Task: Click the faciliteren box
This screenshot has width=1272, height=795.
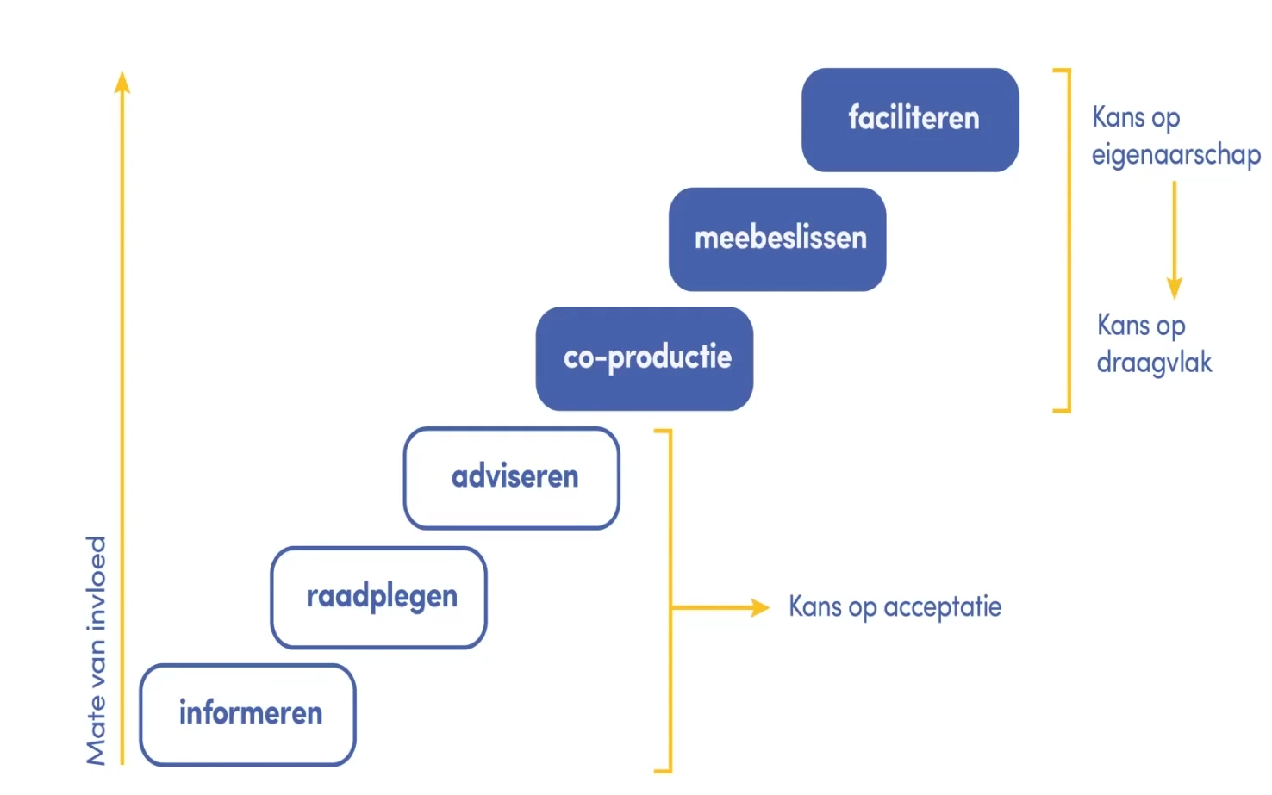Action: (910, 120)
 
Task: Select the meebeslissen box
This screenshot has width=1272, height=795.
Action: (776, 239)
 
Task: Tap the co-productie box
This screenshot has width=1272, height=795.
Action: (644, 358)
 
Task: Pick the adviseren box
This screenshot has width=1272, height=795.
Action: (511, 478)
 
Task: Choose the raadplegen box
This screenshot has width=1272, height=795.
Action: (378, 597)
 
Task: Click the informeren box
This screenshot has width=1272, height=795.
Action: (247, 715)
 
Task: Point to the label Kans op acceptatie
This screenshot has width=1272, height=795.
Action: (895, 608)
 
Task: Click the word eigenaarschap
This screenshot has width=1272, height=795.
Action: (1175, 155)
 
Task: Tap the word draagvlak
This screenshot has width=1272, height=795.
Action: (1154, 363)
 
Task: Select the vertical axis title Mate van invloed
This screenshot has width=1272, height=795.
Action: (96, 651)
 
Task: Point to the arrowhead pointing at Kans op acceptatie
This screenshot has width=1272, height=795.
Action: (760, 607)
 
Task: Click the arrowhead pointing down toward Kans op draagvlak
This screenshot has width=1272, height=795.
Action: (1175, 289)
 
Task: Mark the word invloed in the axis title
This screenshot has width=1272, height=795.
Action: (96, 583)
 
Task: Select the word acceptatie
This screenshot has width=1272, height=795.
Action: (942, 607)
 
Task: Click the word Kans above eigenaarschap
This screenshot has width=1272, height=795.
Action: (1118, 117)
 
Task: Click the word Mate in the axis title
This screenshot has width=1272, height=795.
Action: (96, 737)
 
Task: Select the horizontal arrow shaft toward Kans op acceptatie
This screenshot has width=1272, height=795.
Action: (711, 607)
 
